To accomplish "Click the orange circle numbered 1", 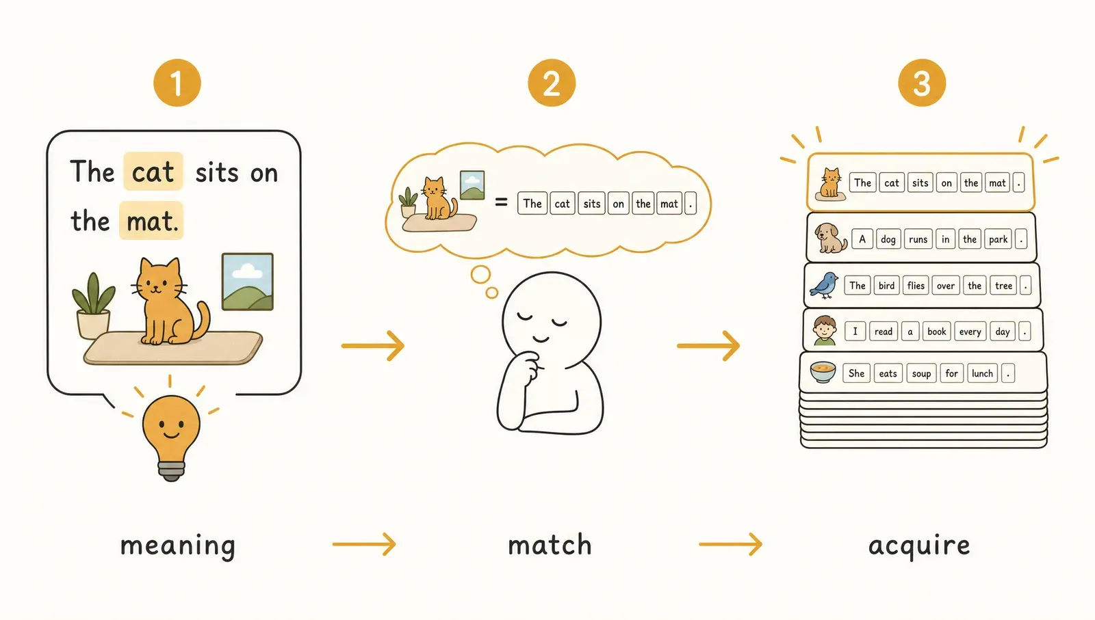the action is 177,83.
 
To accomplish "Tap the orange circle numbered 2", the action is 552,83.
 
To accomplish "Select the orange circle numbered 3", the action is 921,83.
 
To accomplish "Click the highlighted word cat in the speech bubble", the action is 153,172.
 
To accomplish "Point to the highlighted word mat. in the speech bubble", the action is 151,221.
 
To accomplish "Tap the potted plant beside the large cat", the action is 93,306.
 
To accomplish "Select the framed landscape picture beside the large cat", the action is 247,282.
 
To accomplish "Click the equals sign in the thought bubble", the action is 501,202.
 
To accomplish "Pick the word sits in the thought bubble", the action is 591,204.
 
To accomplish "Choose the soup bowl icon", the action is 823,373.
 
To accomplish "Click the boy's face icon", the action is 825,330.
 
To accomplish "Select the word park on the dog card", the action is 998,239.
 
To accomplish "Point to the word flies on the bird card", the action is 916,286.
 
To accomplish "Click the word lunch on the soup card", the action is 982,373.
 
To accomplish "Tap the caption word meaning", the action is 177,545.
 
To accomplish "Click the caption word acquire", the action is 919,545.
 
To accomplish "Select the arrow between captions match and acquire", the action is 730,544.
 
